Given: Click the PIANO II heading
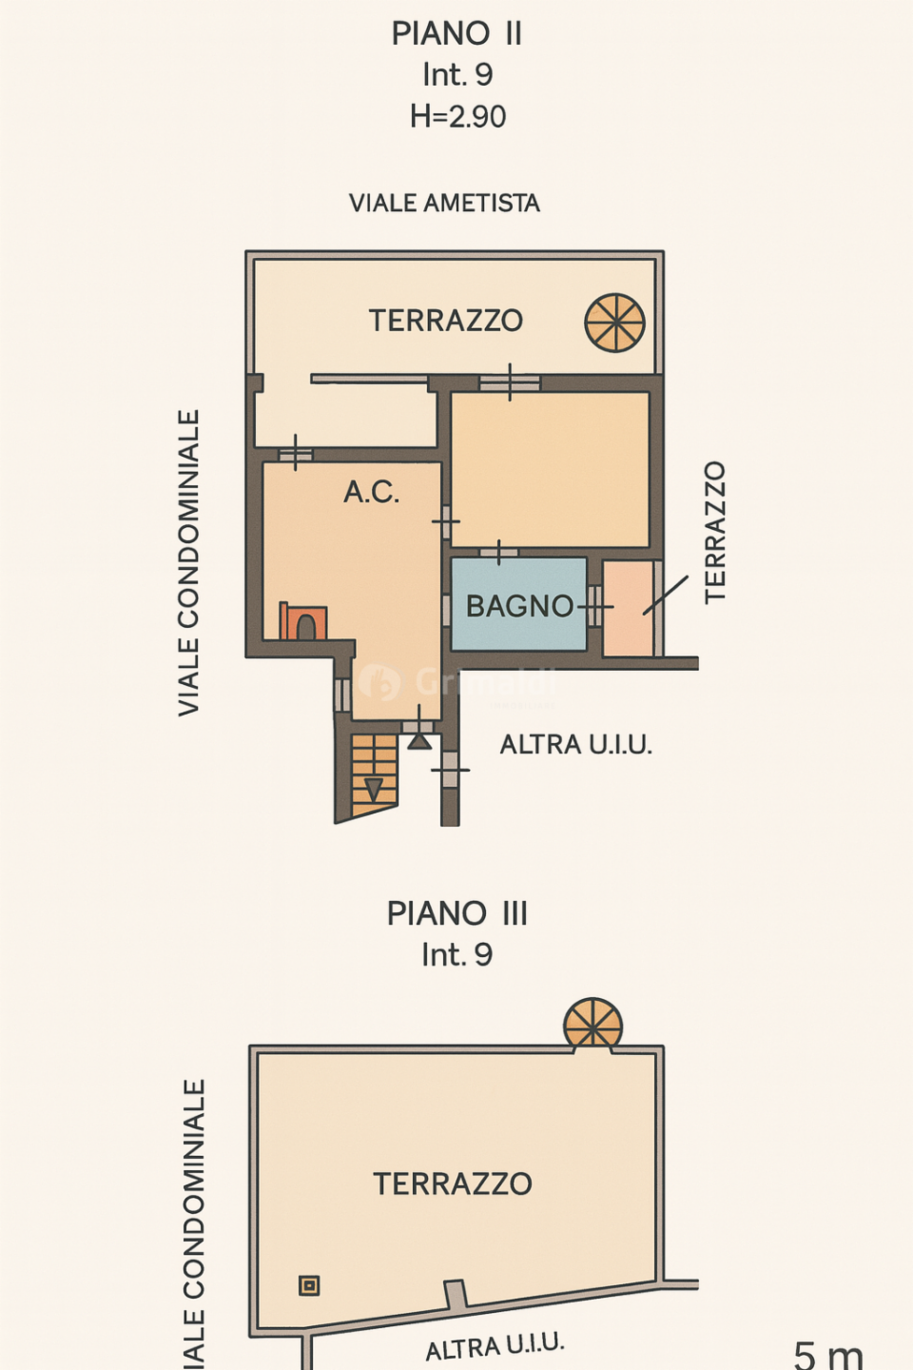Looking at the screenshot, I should pos(456,33).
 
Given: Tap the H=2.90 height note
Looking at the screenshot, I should pos(457,116).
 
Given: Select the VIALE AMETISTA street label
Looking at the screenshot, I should pos(444,203).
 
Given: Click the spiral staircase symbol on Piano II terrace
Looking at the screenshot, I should pos(614,323).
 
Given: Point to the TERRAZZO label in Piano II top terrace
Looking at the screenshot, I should pos(445,321).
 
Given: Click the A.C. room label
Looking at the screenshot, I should pos(371,492).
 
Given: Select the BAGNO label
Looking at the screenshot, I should pos(519,606).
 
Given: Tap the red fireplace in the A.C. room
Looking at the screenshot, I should pos(302,622).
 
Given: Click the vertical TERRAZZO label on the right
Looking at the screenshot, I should pos(715,532).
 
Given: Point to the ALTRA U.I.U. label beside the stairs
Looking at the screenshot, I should pos(576,744).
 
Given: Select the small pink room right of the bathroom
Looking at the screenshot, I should pos(628,608).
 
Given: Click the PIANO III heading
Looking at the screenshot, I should pos(456,913).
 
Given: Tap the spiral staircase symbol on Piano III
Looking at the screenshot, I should pos(592,1025).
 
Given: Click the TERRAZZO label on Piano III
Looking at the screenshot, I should pos(452,1184).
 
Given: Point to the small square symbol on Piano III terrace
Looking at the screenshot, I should pos(309,1285).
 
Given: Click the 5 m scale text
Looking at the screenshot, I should pos(827,1354).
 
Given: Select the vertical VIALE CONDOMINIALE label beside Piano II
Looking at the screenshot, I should pos(189,562).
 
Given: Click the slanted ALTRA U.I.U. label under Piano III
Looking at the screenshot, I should pos(495,1346).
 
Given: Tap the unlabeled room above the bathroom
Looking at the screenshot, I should pos(550,469).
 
